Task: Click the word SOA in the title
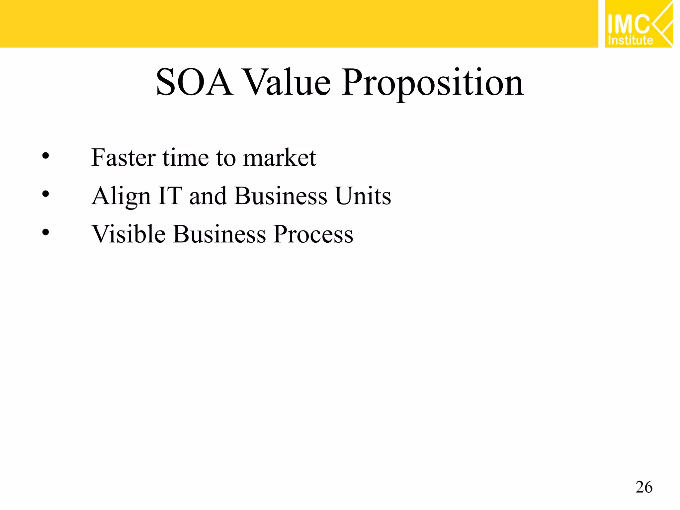(x=194, y=82)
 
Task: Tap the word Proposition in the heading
(x=432, y=83)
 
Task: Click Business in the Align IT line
(x=281, y=196)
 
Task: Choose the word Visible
(x=128, y=234)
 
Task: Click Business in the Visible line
(x=219, y=234)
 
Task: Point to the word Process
(x=313, y=234)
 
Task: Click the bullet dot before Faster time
(x=45, y=156)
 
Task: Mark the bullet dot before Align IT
(x=45, y=194)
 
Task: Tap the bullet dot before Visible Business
(x=45, y=232)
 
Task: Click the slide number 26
(x=644, y=487)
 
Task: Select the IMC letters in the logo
(x=629, y=24)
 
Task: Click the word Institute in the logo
(x=630, y=40)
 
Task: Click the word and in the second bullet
(x=208, y=196)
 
